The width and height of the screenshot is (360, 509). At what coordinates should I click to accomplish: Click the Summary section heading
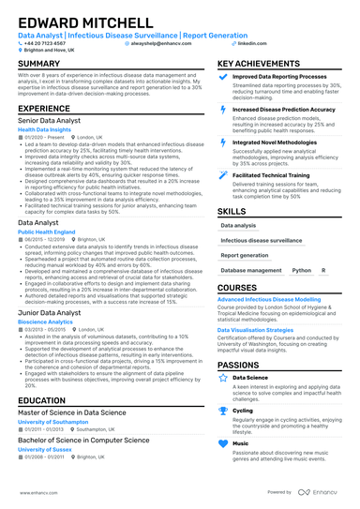tap(38, 64)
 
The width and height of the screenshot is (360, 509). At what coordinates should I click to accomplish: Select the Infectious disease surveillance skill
tap(260, 240)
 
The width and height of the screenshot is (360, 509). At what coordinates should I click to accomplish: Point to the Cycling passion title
tap(242, 410)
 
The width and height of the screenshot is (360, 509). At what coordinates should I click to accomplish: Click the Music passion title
tap(240, 442)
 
